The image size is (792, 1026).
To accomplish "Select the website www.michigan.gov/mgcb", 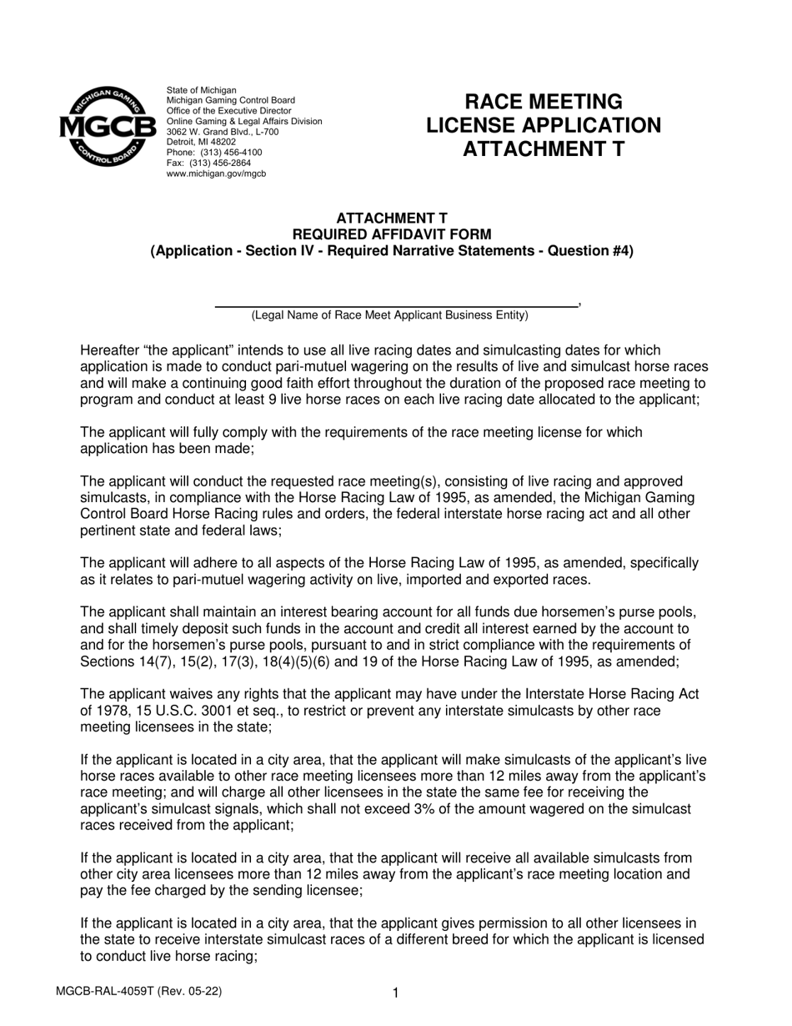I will pyautogui.click(x=216, y=174).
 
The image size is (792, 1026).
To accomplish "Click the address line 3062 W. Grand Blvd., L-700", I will pyautogui.click(x=223, y=132).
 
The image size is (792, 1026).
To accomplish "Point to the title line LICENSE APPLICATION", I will pyautogui.click(x=543, y=125).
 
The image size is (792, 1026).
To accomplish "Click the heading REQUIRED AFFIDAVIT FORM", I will pyautogui.click(x=391, y=234).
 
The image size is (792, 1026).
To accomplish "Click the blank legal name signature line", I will pyautogui.click(x=395, y=304).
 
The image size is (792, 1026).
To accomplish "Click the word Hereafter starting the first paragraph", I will pyautogui.click(x=110, y=350).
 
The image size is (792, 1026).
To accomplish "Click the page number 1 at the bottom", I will pyautogui.click(x=396, y=993).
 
